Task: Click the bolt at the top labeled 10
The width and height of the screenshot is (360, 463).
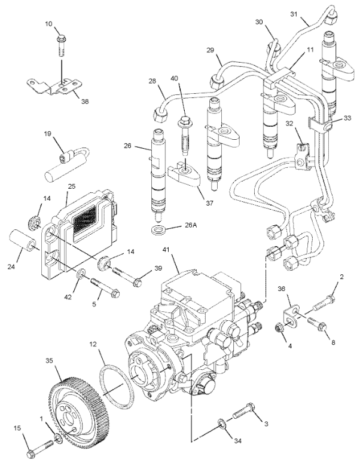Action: (x=62, y=45)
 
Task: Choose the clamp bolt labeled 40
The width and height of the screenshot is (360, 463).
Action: (x=184, y=134)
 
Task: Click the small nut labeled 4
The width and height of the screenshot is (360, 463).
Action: (x=279, y=327)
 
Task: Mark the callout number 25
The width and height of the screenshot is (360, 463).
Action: (x=72, y=186)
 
